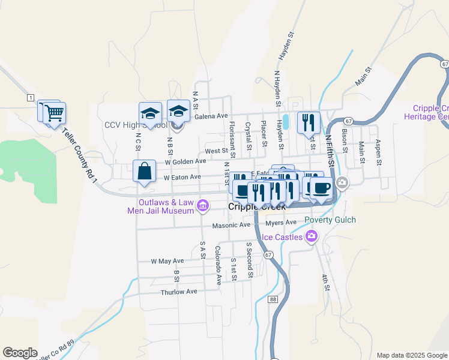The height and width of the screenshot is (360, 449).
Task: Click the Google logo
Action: pos(20,353)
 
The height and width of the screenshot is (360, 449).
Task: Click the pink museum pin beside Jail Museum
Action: pos(203,208)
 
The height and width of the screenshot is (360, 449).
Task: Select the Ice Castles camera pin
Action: pos(311,236)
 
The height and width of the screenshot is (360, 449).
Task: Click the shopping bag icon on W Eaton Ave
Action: pos(145,172)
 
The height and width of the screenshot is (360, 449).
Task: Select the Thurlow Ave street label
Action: pos(178,292)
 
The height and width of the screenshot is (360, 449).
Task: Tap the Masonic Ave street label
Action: pos(231,226)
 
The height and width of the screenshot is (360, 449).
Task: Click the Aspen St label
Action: pos(378,152)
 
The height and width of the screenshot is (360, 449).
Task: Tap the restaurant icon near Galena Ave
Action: pos(309,123)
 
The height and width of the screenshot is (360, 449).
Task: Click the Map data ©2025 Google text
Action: pos(411,355)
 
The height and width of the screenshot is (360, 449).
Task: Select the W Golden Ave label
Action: pos(185,162)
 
